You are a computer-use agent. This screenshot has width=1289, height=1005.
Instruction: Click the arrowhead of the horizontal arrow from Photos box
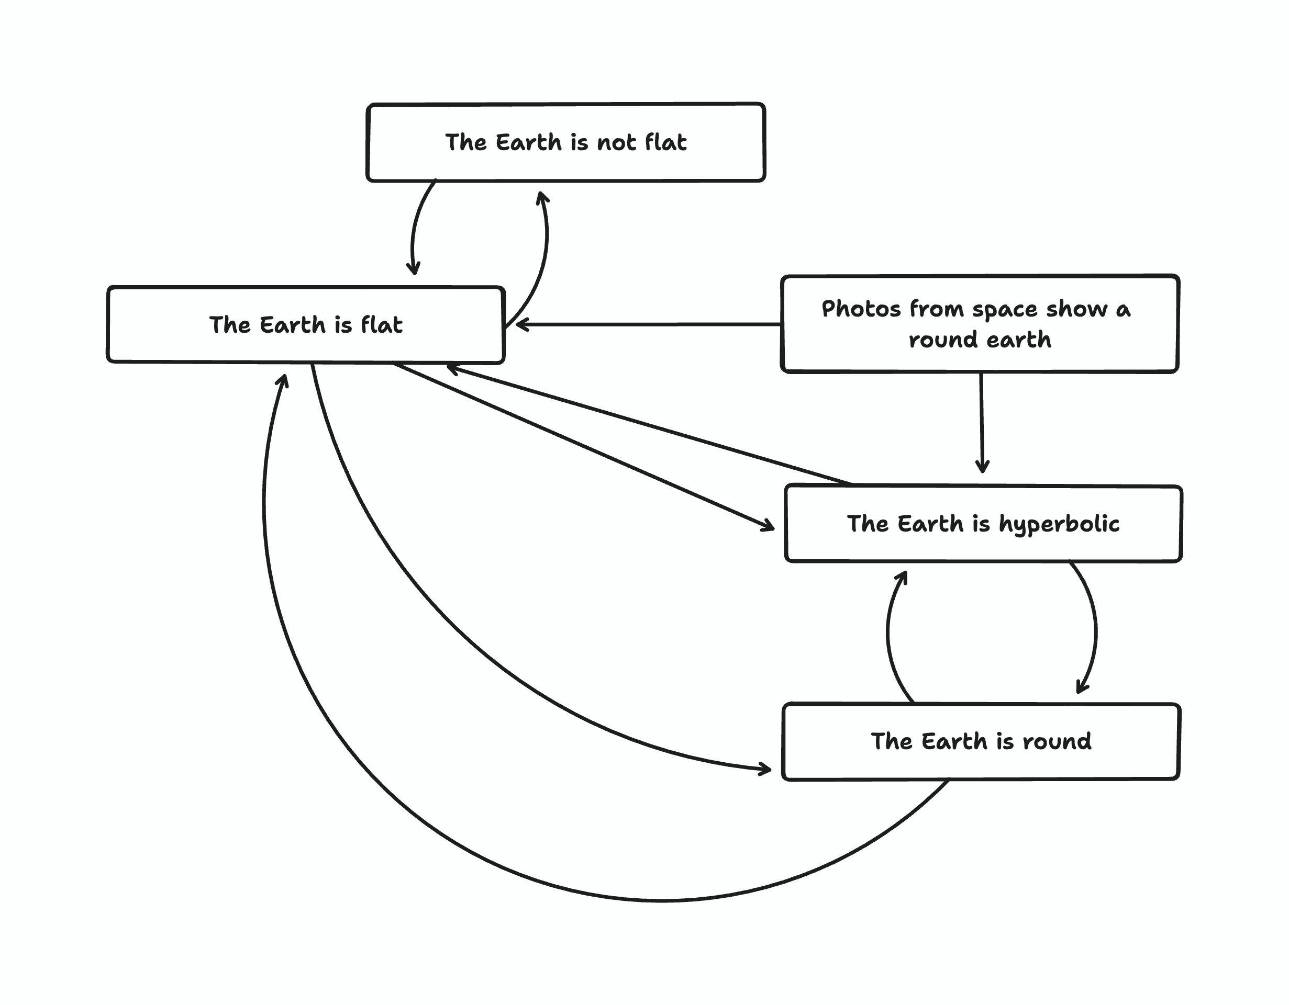point(519,324)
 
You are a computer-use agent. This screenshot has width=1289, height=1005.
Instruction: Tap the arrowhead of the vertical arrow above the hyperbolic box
point(982,469)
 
